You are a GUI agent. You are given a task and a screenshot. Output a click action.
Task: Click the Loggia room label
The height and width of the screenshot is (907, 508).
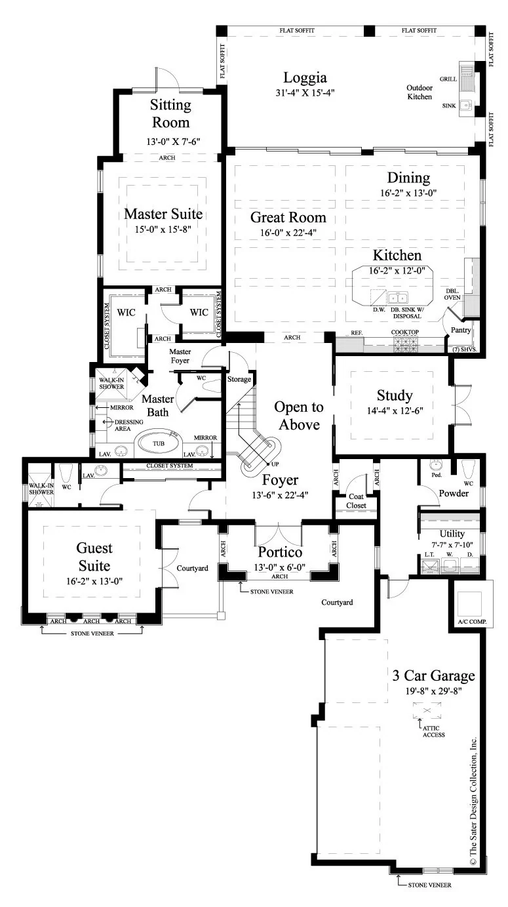(305, 77)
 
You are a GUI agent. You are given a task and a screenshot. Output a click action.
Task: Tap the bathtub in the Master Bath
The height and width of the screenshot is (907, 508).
(158, 444)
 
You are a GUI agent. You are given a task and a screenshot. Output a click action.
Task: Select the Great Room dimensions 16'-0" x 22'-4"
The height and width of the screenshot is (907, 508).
(288, 232)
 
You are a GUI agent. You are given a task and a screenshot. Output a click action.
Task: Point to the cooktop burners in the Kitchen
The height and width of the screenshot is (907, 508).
(405, 344)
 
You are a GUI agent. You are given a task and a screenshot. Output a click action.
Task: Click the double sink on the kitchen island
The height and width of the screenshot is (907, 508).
(397, 298)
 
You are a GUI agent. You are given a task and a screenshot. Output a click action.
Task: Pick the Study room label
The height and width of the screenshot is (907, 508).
(395, 395)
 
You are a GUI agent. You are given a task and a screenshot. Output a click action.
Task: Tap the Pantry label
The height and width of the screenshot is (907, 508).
(461, 330)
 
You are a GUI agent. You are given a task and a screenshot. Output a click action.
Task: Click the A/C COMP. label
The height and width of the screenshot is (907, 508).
(472, 622)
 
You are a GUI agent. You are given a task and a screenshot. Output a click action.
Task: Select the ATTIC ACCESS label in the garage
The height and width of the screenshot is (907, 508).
(433, 731)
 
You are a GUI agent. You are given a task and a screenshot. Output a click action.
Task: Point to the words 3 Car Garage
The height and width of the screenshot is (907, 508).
(433, 675)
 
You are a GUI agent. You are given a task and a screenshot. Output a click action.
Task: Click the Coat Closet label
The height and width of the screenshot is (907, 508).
(356, 501)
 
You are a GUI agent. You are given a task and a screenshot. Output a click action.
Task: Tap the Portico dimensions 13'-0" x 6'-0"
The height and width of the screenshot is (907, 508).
(280, 568)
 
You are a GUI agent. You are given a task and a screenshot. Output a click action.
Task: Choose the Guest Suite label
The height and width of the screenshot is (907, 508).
(94, 557)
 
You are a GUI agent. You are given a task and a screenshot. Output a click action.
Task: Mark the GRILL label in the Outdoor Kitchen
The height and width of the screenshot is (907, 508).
(448, 79)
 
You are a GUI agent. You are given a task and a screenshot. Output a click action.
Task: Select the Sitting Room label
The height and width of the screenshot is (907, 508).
(170, 113)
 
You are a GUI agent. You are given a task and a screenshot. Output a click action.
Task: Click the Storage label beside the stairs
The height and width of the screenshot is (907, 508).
(239, 380)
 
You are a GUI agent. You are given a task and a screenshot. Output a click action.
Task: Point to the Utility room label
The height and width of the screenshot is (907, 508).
(452, 534)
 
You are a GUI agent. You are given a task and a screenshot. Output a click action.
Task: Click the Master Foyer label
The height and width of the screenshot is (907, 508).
(180, 356)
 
